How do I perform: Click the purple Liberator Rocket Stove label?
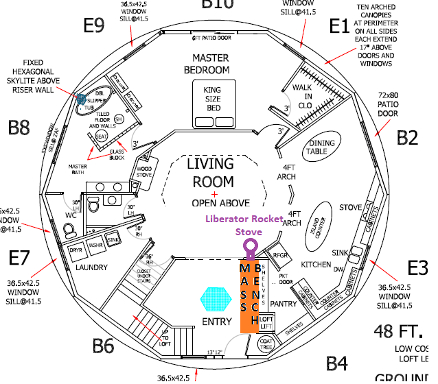click(249, 225)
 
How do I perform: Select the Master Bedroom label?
click(211, 64)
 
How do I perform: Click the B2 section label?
click(407, 138)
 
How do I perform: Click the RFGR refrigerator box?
click(281, 255)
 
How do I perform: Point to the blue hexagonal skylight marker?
click(81, 101)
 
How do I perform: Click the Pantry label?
click(283, 302)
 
